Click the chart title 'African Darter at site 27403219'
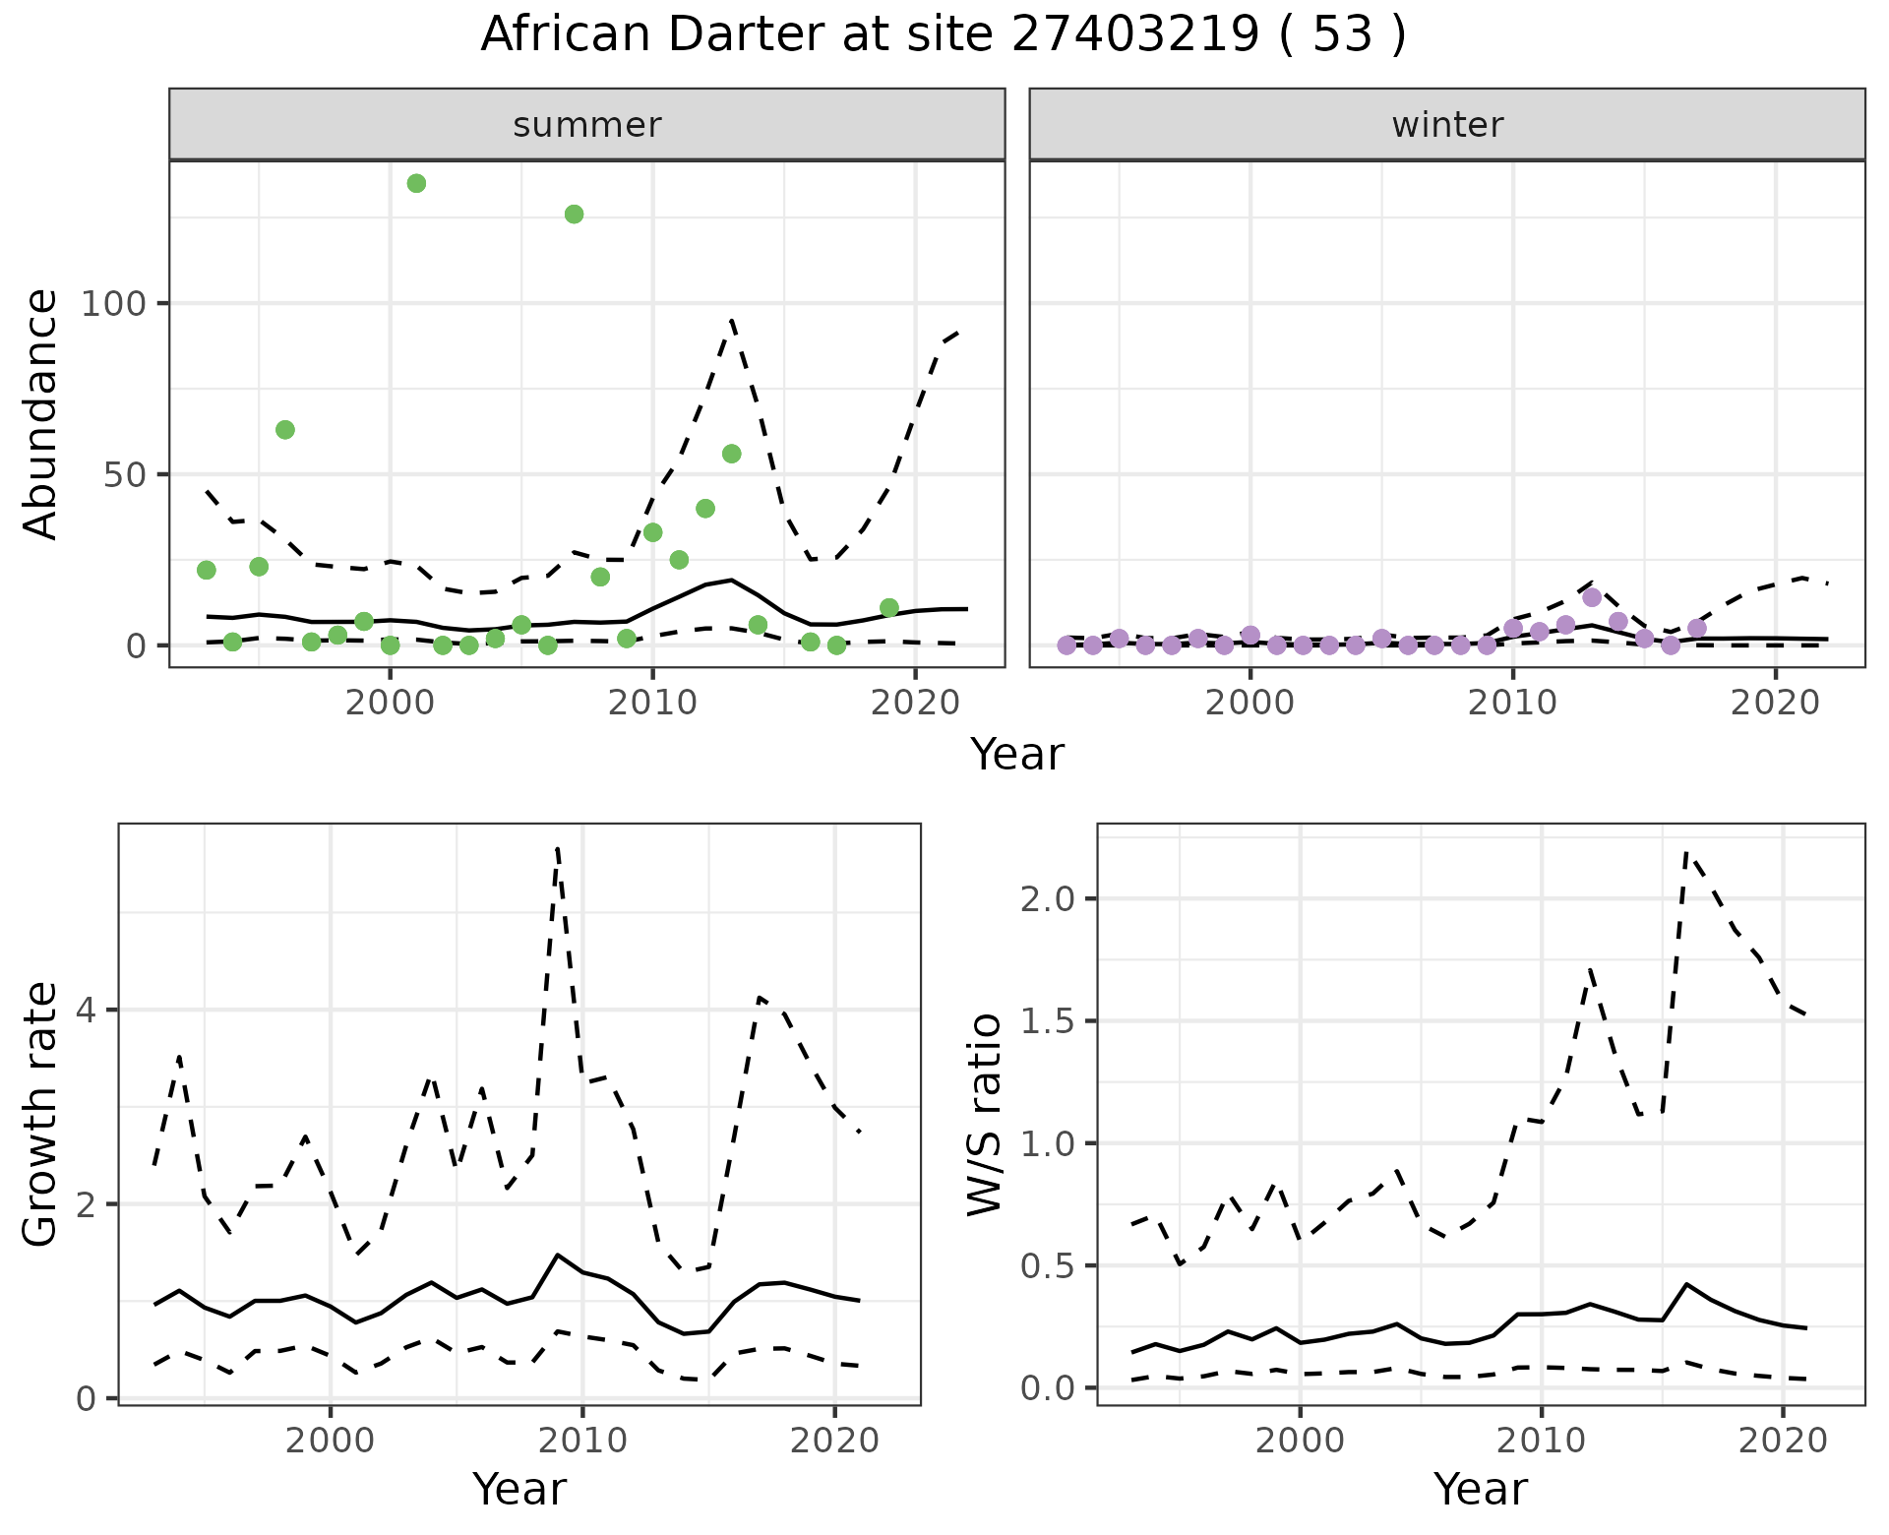[x=943, y=35]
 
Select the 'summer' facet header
[x=587, y=125]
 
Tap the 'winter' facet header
[x=1447, y=125]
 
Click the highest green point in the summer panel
[x=416, y=183]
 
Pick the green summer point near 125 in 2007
[x=574, y=215]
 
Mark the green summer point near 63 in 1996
[x=285, y=430]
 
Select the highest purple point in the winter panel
[x=1592, y=597]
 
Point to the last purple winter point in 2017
[x=1697, y=628]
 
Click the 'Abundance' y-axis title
[x=41, y=414]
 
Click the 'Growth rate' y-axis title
[x=41, y=1115]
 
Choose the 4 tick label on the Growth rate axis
[x=86, y=1011]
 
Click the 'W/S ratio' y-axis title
[x=984, y=1115]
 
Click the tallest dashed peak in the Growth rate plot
[x=558, y=848]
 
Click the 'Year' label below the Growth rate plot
[x=519, y=1489]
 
